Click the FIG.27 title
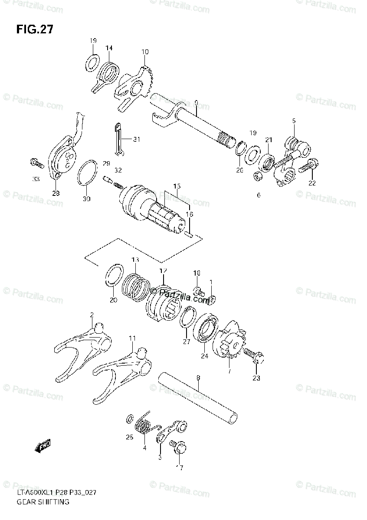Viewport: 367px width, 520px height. (x=35, y=30)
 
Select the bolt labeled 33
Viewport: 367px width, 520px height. (x=37, y=164)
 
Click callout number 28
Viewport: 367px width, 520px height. (x=56, y=194)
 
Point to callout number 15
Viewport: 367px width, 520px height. (x=177, y=186)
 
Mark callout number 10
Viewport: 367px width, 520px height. (x=144, y=52)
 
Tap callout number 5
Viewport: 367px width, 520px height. (x=294, y=121)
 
